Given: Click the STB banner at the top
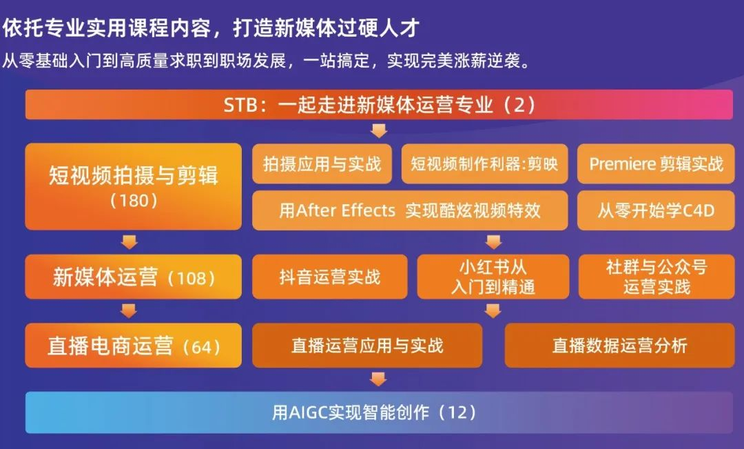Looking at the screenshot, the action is point(379,105).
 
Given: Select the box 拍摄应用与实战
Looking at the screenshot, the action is point(322,164).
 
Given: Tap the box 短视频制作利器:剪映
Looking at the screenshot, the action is point(484,164).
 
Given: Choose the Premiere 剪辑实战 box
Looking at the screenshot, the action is point(656,164).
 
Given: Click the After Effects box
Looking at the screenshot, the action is point(410,210).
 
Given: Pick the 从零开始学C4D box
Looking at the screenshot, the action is point(656,210).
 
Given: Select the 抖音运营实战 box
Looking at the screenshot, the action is point(330,277).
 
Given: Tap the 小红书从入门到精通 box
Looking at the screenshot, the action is point(493,277).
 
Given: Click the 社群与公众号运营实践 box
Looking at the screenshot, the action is point(657,277).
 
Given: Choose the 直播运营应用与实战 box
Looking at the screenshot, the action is point(367,346).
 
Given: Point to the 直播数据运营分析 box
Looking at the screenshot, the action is point(620,346).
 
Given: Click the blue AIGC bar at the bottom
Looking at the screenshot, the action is point(379,412).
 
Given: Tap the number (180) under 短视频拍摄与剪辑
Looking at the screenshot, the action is point(134,201).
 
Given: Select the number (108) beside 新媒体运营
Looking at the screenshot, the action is point(192,278).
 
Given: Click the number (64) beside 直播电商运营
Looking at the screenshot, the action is point(202,347).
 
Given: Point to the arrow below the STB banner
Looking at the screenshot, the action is point(379,130).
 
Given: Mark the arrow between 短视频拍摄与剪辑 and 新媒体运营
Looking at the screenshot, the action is point(129,242).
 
